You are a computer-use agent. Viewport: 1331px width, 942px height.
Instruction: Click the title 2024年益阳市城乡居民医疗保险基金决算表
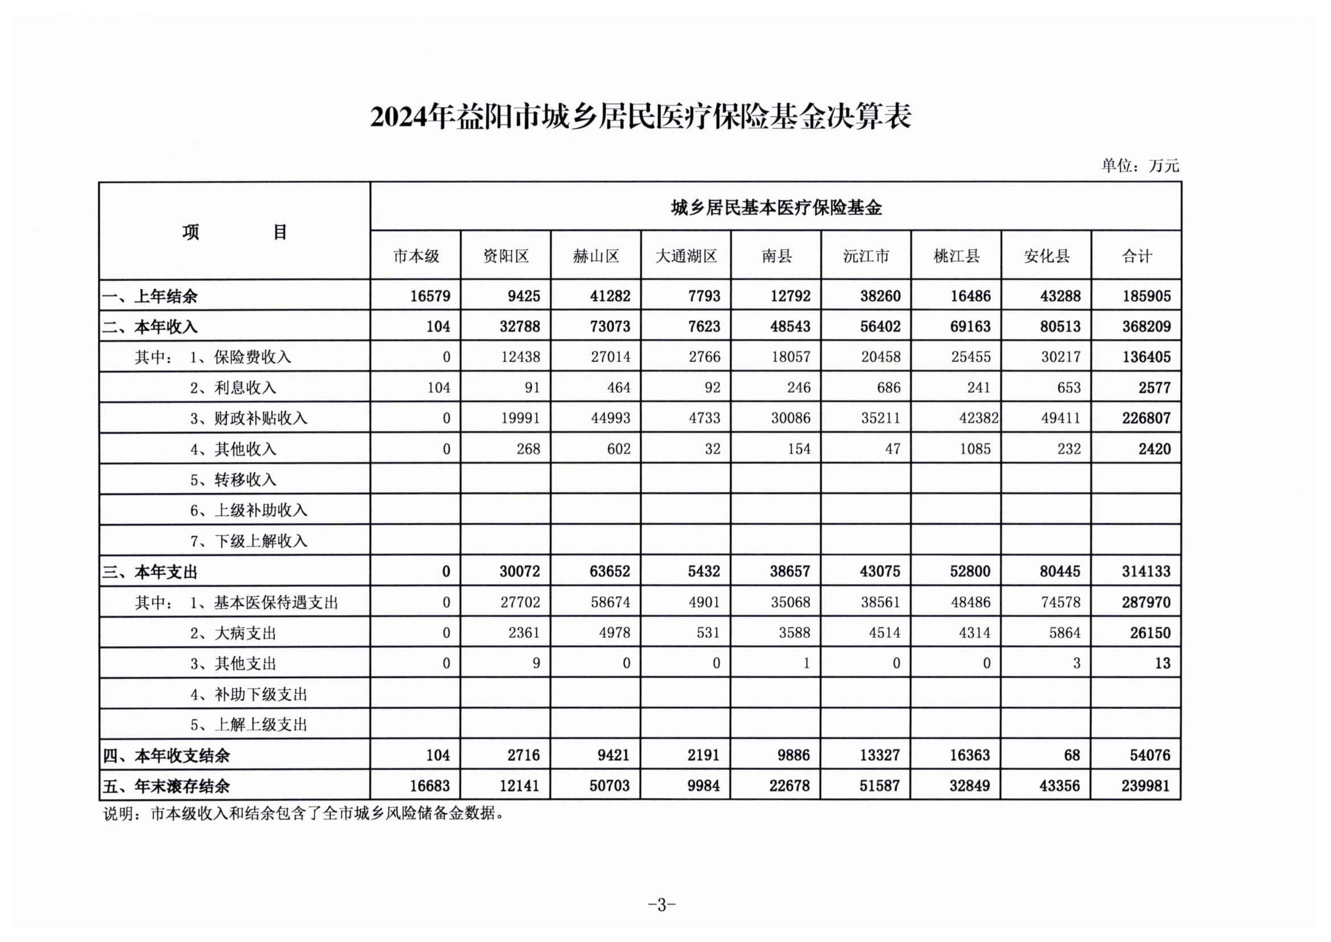point(640,117)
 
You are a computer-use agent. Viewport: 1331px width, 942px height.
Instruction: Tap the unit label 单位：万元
point(1140,166)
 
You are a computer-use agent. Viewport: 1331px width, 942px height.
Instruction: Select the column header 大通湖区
point(685,256)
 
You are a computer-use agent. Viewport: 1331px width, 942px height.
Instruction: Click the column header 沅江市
point(866,256)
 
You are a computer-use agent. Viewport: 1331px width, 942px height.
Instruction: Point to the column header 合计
point(1136,256)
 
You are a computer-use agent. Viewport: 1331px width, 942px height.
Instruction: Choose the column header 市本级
point(416,256)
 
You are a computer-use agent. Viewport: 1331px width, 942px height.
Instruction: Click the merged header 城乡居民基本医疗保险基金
point(776,207)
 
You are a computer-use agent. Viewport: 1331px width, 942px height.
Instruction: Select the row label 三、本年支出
point(150,572)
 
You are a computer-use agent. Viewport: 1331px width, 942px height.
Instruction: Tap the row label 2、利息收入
point(233,388)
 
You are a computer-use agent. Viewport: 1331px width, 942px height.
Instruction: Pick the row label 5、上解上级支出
point(248,724)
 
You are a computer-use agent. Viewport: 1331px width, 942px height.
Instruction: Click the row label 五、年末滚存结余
point(166,786)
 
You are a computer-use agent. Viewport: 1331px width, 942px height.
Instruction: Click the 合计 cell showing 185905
point(1146,296)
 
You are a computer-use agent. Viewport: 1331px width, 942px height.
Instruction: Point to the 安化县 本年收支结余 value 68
point(1072,755)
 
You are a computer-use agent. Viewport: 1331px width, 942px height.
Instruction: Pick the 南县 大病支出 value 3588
point(794,633)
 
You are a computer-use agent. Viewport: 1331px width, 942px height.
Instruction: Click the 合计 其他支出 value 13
point(1162,663)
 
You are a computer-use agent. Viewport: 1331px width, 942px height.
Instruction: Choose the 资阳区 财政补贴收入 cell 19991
point(520,418)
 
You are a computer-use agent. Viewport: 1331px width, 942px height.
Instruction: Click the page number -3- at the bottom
point(662,904)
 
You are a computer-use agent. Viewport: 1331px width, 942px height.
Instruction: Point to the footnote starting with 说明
point(303,814)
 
